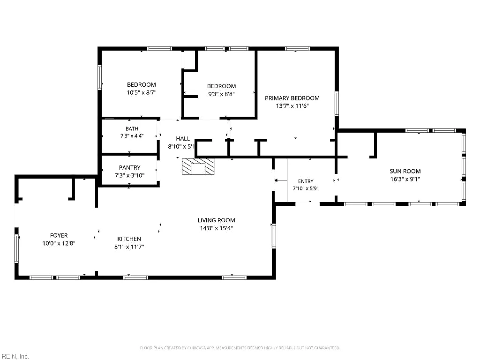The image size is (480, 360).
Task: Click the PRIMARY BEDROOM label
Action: point(292,98)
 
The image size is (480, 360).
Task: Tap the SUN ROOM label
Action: point(405,171)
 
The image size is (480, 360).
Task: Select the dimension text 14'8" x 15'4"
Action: point(217,228)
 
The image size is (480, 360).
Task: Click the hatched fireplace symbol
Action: point(198,166)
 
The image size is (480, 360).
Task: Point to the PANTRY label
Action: point(129,167)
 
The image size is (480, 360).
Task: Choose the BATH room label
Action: point(132,128)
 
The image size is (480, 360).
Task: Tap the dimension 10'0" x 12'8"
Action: point(59,243)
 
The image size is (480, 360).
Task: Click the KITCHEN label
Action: point(129,239)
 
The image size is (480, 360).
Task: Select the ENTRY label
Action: point(306,181)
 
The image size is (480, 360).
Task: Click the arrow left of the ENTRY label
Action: point(280,180)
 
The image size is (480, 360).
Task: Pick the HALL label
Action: point(183,139)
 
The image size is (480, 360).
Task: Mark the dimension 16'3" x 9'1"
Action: point(405,179)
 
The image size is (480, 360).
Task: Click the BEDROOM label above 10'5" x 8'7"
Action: point(142,84)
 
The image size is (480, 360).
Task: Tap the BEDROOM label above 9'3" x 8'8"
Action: point(221,86)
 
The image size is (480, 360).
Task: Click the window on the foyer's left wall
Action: point(17,248)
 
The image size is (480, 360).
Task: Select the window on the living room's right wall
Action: point(274,236)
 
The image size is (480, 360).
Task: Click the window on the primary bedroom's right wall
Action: point(337,104)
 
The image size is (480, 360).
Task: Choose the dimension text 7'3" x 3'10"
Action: point(129,175)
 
